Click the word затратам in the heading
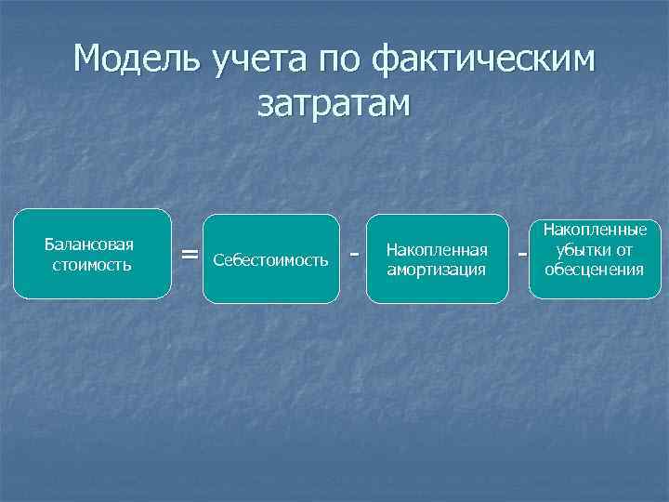tap(334, 104)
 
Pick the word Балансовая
tap(89, 244)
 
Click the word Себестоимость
tap(270, 259)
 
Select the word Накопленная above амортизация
tap(437, 250)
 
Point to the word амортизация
tap(437, 270)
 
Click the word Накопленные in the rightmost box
tap(595, 229)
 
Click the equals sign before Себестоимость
tap(190, 254)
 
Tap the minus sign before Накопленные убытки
tap(521, 254)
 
